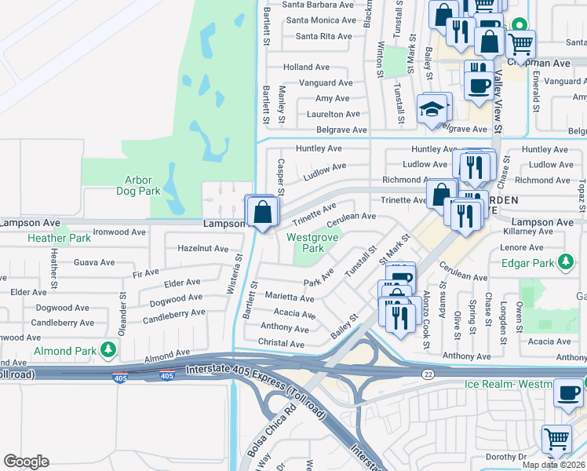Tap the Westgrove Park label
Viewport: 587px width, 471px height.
[305, 243]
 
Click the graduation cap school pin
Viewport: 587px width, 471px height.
[432, 110]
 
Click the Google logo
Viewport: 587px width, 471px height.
[26, 462]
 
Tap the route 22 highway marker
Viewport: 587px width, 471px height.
[428, 374]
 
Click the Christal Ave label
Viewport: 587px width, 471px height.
[282, 344]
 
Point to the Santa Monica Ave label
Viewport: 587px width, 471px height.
[321, 20]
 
